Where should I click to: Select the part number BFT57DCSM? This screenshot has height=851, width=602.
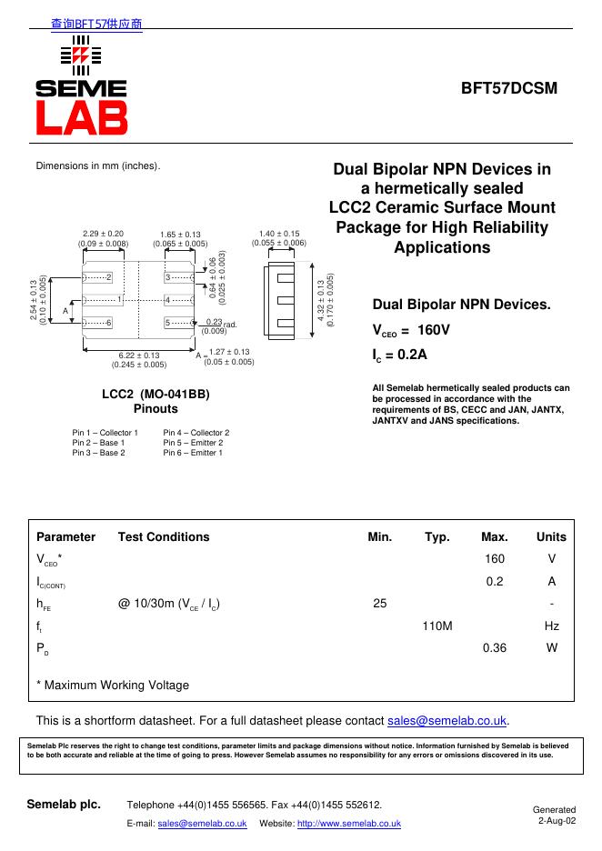pyautogui.click(x=508, y=88)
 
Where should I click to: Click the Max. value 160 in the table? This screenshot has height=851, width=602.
pyautogui.click(x=495, y=558)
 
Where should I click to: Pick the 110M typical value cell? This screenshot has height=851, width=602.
pyautogui.click(x=437, y=626)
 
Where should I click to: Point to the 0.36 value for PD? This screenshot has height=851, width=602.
pyautogui.click(x=495, y=648)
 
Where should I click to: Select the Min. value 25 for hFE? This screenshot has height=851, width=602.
pyautogui.click(x=380, y=603)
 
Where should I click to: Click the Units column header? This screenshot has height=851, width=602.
pyautogui.click(x=551, y=536)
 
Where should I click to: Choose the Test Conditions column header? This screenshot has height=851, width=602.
pyautogui.click(x=164, y=536)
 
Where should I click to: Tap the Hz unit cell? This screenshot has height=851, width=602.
pyautogui.click(x=551, y=626)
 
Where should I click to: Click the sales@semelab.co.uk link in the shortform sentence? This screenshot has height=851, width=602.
pyautogui.click(x=447, y=721)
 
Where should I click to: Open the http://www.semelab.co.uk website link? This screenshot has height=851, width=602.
pyautogui.click(x=349, y=823)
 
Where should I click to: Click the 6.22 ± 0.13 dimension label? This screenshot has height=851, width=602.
pyautogui.click(x=139, y=355)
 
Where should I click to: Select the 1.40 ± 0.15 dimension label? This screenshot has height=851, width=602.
pyautogui.click(x=279, y=234)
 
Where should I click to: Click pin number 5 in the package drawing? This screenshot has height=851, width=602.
pyautogui.click(x=168, y=323)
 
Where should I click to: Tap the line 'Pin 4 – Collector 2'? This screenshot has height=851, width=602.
pyautogui.click(x=196, y=433)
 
